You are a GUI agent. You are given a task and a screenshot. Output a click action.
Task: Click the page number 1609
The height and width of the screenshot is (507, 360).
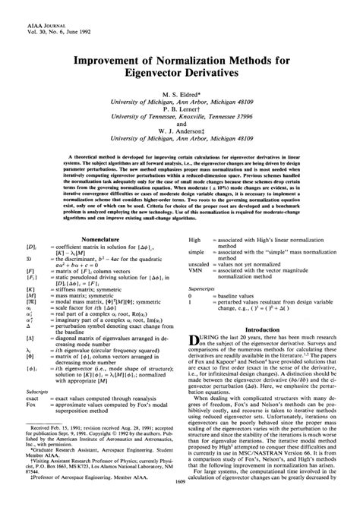pyautogui.click(x=180, y=501)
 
